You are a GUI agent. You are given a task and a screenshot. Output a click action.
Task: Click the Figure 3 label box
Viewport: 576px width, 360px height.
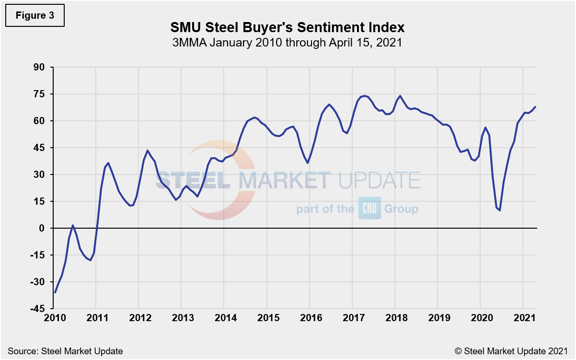35,15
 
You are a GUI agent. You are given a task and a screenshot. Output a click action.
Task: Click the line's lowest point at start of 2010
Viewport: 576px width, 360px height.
55,292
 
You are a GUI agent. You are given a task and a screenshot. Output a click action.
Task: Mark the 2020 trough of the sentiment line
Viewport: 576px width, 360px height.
500,210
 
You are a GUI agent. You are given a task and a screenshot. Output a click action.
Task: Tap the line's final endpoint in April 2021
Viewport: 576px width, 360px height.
535,107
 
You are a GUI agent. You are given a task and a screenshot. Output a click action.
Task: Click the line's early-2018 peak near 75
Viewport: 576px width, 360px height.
400,96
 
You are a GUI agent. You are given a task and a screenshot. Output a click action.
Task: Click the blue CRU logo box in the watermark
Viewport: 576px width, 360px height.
369,208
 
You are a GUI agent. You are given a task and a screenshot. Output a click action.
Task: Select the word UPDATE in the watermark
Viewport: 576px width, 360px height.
379,181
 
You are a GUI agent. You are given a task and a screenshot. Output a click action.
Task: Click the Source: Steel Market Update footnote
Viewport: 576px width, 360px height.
65,351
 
